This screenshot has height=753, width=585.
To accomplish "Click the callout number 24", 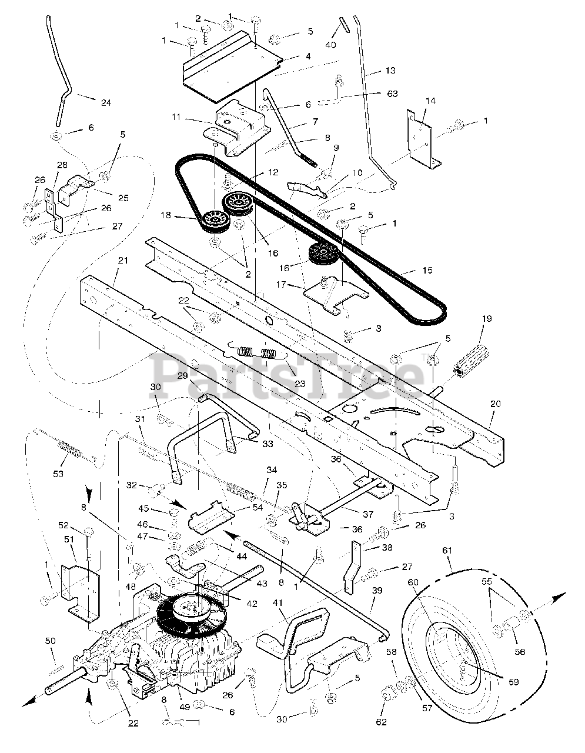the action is click(x=106, y=102).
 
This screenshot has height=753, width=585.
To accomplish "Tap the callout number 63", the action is click(x=392, y=94).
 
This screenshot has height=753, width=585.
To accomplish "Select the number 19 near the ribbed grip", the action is click(x=487, y=318).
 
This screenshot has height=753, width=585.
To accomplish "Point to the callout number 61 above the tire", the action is click(x=447, y=550).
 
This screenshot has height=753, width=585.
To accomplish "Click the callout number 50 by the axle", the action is click(x=50, y=641).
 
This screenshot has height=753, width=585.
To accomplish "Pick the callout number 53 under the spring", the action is click(x=58, y=474).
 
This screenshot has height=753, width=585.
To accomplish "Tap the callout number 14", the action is click(x=430, y=101).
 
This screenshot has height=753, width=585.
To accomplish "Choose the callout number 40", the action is click(x=330, y=45).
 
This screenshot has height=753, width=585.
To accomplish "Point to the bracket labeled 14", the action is click(x=423, y=141).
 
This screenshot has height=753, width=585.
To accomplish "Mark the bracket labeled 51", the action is click(x=81, y=593).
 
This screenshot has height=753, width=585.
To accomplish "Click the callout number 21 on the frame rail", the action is click(x=123, y=260).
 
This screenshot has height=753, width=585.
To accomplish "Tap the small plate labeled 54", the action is click(x=210, y=519).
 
